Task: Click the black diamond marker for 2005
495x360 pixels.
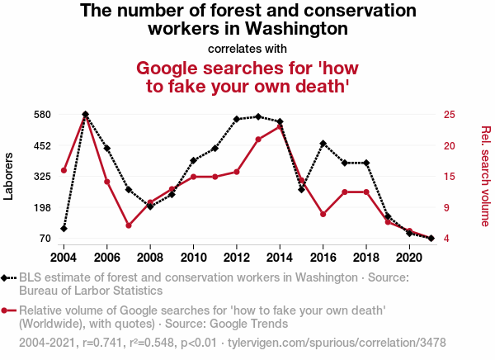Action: click(86, 115)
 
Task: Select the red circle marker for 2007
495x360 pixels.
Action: click(129, 225)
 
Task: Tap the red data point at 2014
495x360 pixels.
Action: click(280, 126)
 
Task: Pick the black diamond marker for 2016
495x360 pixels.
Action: click(323, 144)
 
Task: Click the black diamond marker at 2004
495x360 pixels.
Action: click(64, 229)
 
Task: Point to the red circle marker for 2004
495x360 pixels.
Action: click(64, 170)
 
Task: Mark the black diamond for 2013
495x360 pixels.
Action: click(258, 116)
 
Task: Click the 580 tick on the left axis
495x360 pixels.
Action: click(43, 114)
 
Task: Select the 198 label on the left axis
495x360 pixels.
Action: click(43, 207)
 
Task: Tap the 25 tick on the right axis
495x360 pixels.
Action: click(449, 114)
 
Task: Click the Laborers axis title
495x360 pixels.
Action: click(10, 176)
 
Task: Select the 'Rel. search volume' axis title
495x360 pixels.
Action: click(485, 176)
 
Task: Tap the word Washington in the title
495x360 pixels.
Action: click(292, 29)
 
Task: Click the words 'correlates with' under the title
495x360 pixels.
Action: click(247, 47)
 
